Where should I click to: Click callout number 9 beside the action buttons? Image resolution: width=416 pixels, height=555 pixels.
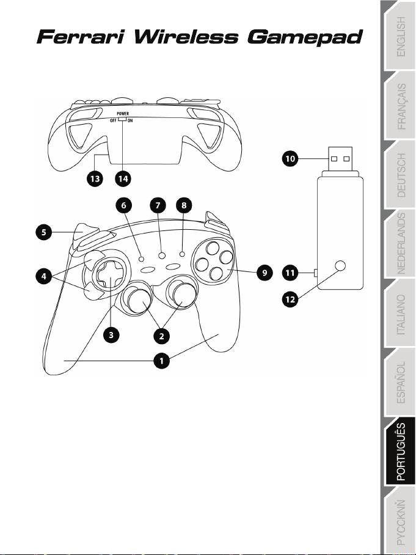coord(264,273)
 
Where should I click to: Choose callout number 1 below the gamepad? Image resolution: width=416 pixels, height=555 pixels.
coord(161,361)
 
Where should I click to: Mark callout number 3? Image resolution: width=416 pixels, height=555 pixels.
coord(110,335)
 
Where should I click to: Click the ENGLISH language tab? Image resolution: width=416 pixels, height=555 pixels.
coord(400,37)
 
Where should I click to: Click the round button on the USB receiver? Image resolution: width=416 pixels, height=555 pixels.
coord(341,266)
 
